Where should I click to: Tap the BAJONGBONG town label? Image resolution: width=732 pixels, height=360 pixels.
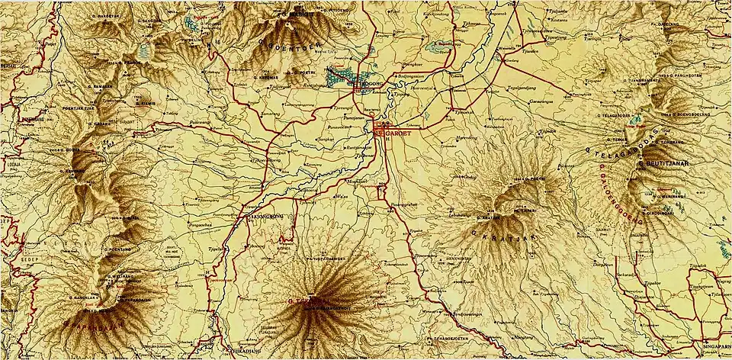point(266,217)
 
